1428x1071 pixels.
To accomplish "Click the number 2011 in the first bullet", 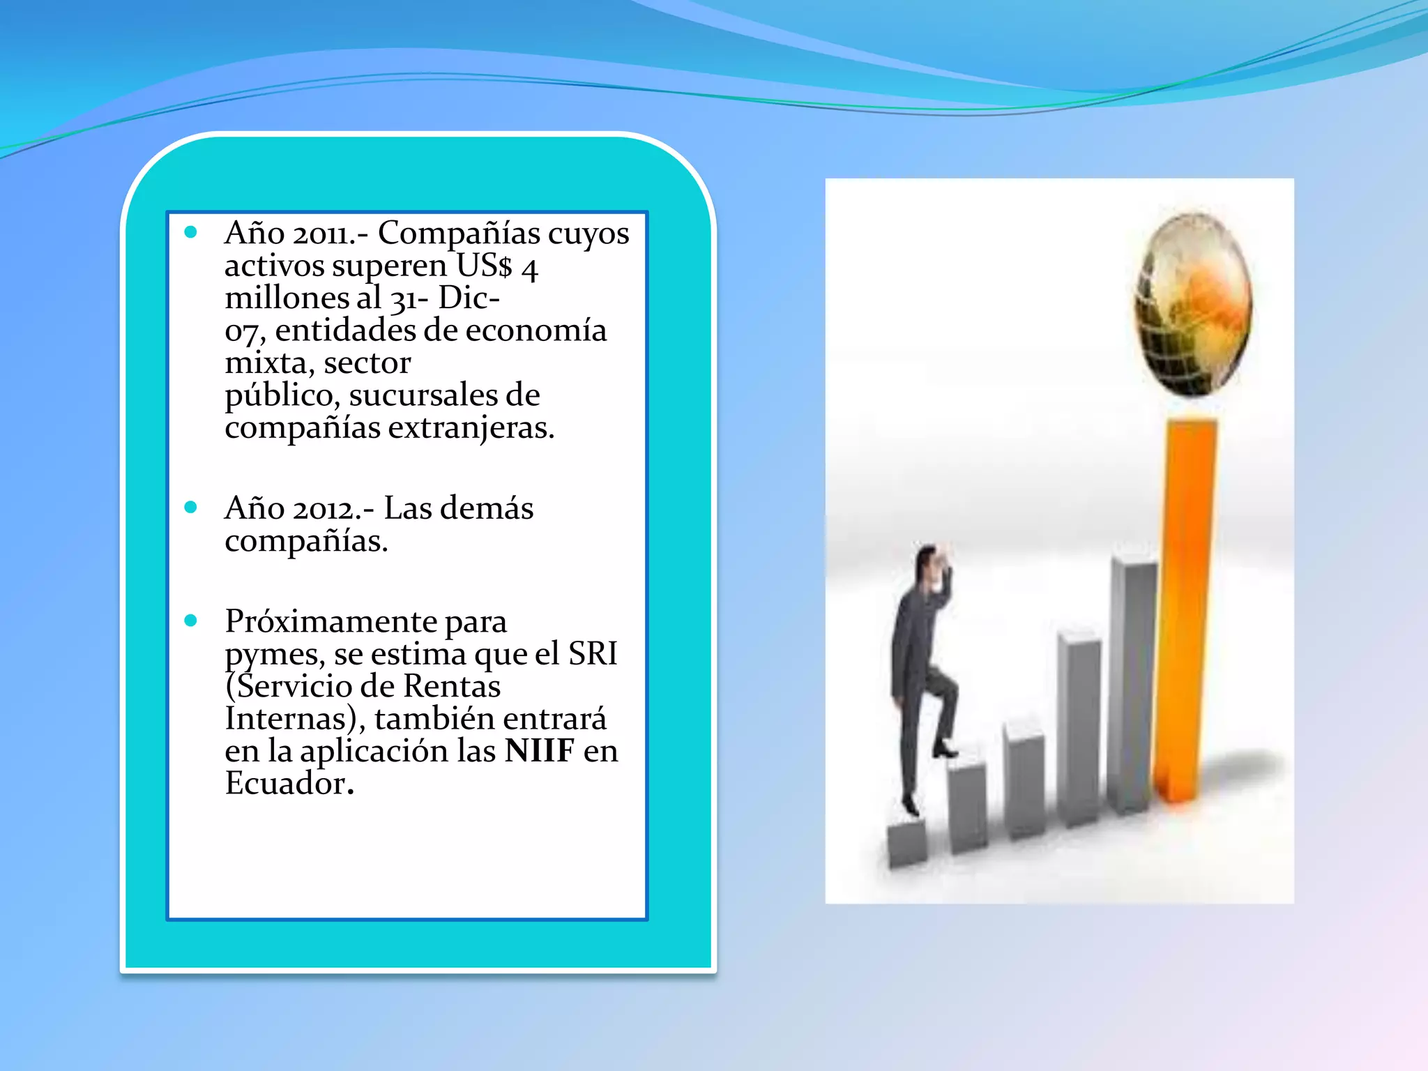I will (320, 234).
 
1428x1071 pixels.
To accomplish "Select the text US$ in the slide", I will (484, 266).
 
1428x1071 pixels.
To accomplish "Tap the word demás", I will (493, 508).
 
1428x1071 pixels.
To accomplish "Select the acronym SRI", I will (593, 654).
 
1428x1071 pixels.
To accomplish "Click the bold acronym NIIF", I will (540, 751).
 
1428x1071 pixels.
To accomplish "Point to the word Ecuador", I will (286, 784).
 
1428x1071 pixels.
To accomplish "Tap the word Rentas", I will (452, 687).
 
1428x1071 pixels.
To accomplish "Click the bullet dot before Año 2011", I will (191, 232).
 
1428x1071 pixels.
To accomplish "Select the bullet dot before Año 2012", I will (191, 507).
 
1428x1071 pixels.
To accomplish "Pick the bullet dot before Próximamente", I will (191, 621).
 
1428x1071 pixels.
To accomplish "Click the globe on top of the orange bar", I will (1192, 303).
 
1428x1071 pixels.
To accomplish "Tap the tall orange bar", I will (1185, 607).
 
